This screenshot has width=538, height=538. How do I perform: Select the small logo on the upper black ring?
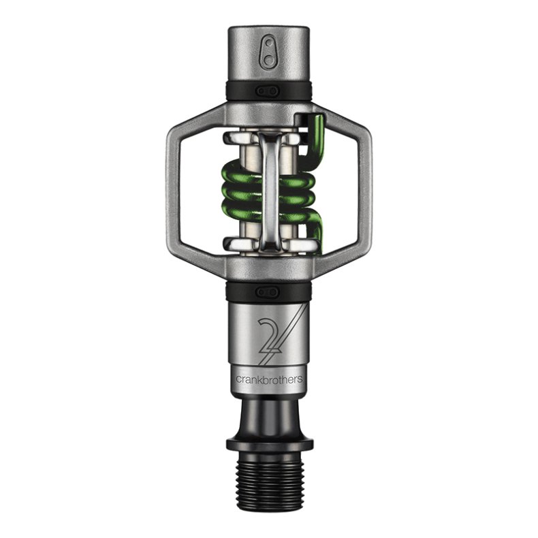tap(268, 90)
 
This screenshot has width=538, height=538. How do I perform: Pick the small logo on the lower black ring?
tap(268, 291)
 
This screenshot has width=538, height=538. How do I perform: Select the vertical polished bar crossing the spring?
tap(268, 191)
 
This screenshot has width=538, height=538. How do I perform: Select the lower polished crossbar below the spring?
tap(268, 244)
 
